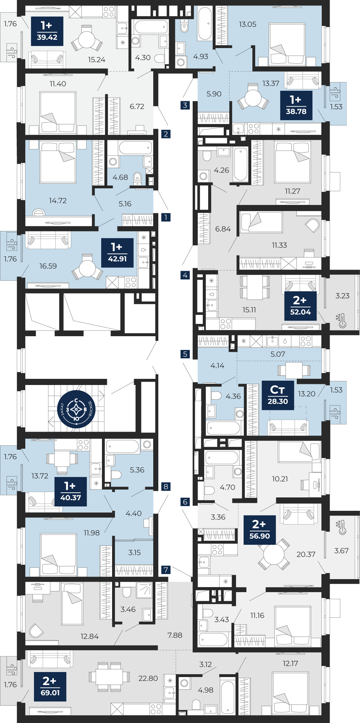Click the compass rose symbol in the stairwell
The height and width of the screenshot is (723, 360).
coord(76,410)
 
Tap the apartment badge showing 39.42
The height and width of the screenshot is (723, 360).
coord(47,31)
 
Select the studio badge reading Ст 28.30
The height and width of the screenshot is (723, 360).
coord(278,395)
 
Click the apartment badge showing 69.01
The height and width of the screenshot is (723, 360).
coord(50,686)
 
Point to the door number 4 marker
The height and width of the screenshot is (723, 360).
coord(185,275)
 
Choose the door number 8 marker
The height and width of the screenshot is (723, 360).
coord(166,487)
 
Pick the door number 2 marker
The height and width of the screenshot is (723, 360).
coord(166,134)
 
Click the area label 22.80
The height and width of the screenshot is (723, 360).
coord(148,679)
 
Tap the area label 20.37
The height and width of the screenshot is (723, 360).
coord(306,554)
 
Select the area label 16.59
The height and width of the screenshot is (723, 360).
coord(48,266)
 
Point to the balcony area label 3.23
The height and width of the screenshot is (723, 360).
coord(342,296)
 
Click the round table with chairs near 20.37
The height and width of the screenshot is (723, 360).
coord(274,554)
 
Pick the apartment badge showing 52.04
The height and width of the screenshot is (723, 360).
coord(300,306)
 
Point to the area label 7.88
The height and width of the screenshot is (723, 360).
coord(175,635)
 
